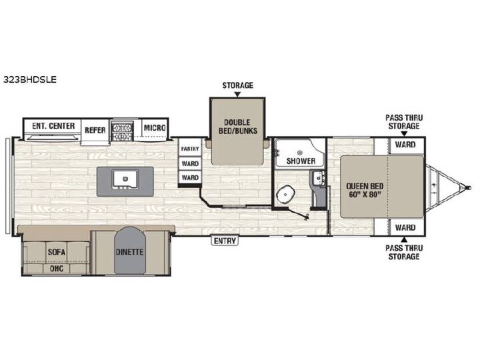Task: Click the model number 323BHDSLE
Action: coord(30,79)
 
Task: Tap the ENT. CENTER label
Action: coord(53,126)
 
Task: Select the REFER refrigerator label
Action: coord(95,130)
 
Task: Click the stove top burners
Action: coord(122,131)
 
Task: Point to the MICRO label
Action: coord(155,127)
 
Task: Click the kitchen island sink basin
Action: coord(125,179)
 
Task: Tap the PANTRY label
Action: coord(190,149)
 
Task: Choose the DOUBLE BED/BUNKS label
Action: coord(237,127)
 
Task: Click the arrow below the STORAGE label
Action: coord(237,94)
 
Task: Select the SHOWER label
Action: coord(301,161)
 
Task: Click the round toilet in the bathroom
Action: coord(285,195)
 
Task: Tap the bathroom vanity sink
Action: coord(319,178)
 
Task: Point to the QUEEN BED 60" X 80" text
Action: coord(365,190)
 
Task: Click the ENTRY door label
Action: coord(225,241)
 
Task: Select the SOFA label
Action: coord(57,252)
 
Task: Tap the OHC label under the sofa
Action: coord(57,269)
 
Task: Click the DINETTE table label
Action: coord(129,252)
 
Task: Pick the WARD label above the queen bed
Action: coord(405,145)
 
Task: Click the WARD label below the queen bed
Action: coord(405,227)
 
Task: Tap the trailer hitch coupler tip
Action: coord(468,187)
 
